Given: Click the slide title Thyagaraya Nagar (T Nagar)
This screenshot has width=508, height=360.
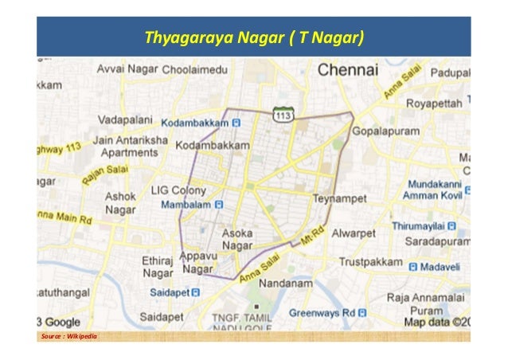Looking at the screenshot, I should [253, 37].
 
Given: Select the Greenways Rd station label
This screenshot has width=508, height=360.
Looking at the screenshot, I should [322, 312].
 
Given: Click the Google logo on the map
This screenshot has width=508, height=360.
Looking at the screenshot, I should [60, 322].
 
